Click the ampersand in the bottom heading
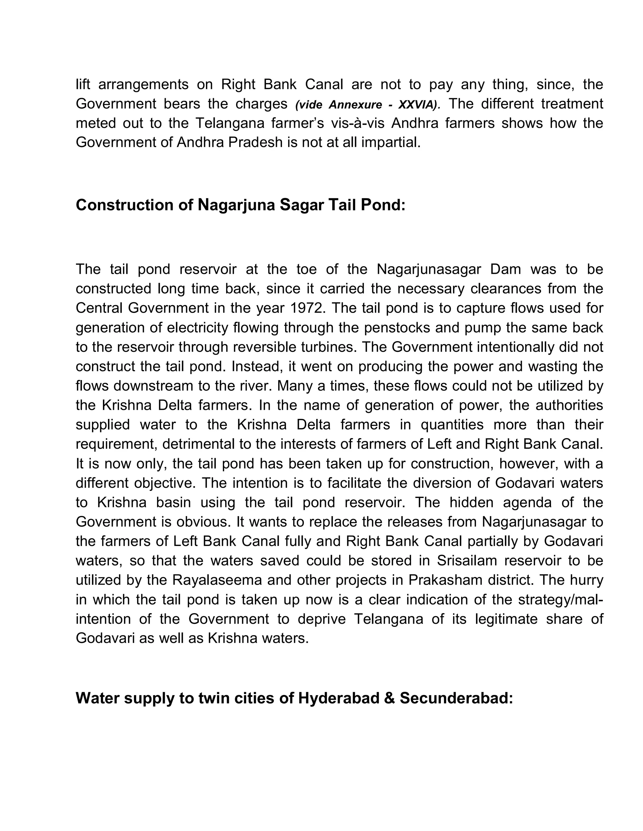coord(389,698)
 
